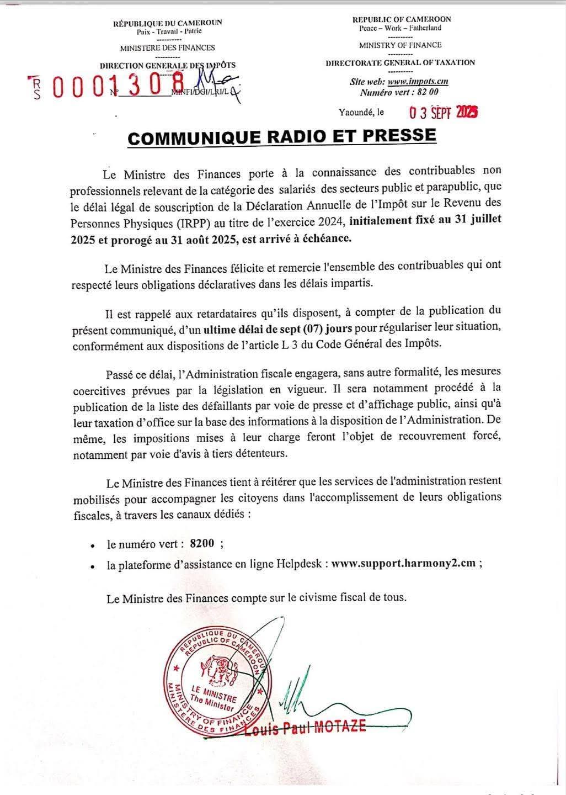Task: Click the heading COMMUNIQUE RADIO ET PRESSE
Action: [x=282, y=136]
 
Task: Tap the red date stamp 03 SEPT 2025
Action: [x=443, y=113]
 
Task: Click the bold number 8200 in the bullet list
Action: [x=201, y=543]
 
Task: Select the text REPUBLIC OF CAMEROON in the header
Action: [x=401, y=19]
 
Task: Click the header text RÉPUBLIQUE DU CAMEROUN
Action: [x=167, y=23]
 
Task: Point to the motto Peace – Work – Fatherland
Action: [x=400, y=28]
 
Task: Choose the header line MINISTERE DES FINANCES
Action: [x=167, y=48]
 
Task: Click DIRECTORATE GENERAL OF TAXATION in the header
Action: [x=400, y=62]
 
